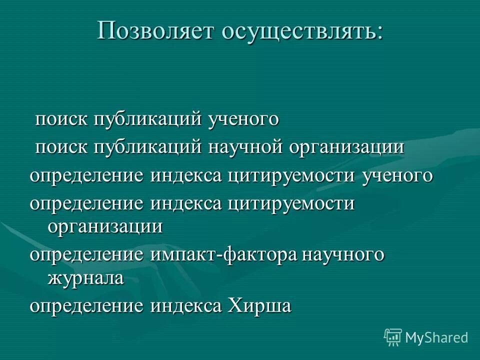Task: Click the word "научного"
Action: [x=343, y=255]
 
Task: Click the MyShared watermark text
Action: [x=436, y=337]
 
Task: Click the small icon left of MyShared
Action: [x=392, y=337]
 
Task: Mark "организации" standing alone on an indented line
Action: [x=105, y=226]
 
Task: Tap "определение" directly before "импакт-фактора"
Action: [x=86, y=255]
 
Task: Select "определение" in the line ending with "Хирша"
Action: [x=86, y=305]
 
